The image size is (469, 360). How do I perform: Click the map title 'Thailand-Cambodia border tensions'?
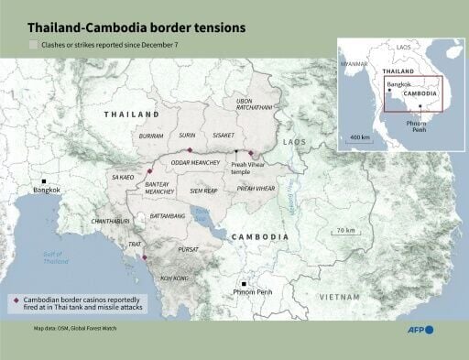pos(136,28)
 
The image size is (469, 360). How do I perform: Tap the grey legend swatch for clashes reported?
pos(34,44)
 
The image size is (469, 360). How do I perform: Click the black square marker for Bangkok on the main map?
pos(42,180)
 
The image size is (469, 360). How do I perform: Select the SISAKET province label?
pos(223,135)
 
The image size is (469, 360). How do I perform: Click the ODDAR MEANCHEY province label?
pos(195,165)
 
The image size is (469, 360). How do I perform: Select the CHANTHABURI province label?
pos(110,222)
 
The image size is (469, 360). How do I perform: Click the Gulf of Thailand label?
pos(56,257)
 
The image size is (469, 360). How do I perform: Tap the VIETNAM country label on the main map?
pos(339,297)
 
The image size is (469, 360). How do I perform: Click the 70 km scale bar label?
pos(345,230)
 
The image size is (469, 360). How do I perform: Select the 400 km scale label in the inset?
pos(359,137)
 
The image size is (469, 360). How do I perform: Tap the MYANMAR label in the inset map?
pos(354,64)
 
